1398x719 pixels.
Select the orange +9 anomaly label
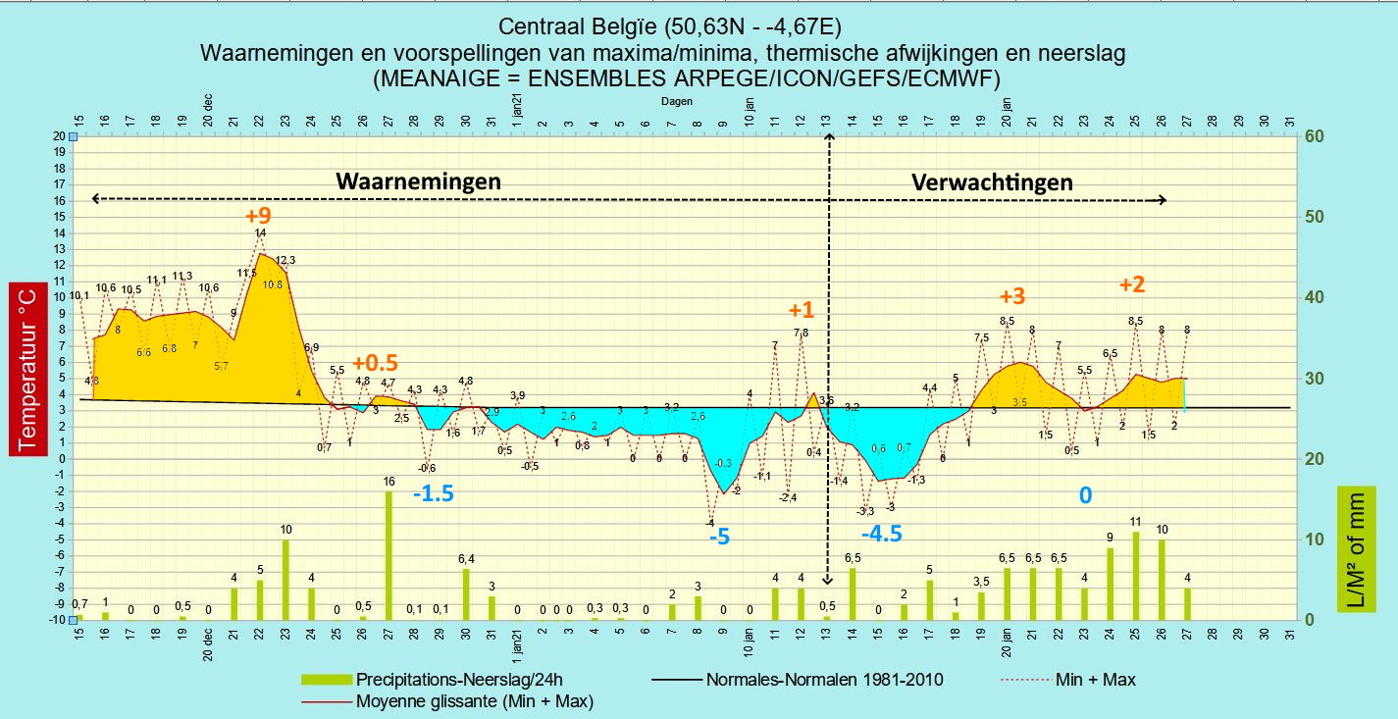258,215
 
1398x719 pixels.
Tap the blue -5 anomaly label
721,537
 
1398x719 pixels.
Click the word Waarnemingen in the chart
418,181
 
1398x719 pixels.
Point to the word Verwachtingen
992,181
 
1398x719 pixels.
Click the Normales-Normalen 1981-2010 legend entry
824,679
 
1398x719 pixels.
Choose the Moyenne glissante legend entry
473,700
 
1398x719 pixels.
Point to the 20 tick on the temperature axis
58,136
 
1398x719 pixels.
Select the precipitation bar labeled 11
1135,576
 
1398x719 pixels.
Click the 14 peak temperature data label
260,233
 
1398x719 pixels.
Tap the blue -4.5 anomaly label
881,535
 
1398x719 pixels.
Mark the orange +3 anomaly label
1011,296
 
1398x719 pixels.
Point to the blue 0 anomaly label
1085,496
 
